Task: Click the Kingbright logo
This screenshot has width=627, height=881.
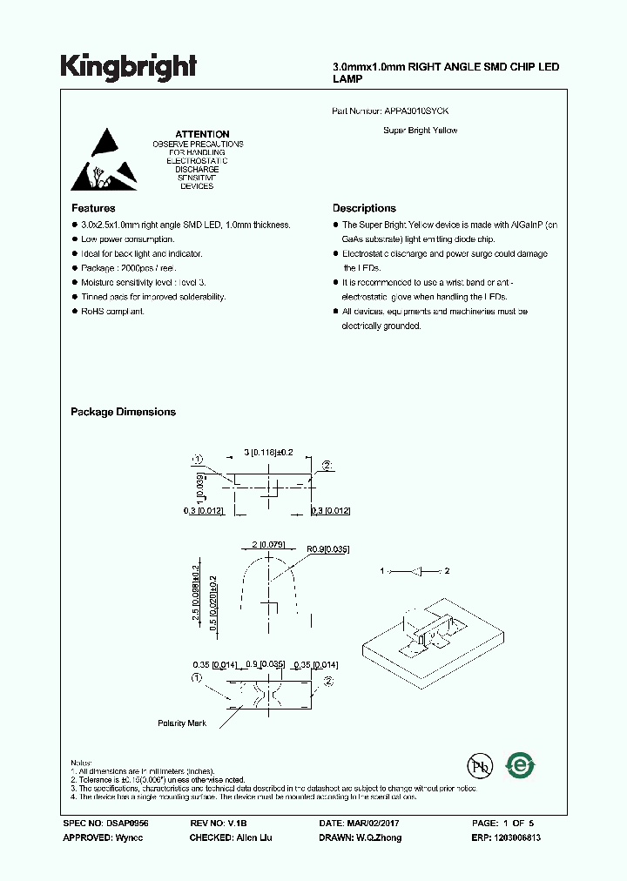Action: (128, 67)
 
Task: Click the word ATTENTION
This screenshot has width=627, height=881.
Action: (197, 134)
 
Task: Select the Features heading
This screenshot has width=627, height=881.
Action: (92, 208)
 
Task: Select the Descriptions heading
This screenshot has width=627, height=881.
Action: (364, 208)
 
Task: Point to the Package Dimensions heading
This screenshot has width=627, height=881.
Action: (123, 412)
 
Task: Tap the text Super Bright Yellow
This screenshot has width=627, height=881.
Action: (421, 131)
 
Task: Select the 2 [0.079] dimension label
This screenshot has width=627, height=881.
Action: (269, 545)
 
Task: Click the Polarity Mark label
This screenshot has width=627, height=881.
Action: (182, 723)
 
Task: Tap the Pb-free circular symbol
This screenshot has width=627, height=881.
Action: (479, 765)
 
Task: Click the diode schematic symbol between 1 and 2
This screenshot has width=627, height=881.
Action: (415, 572)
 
